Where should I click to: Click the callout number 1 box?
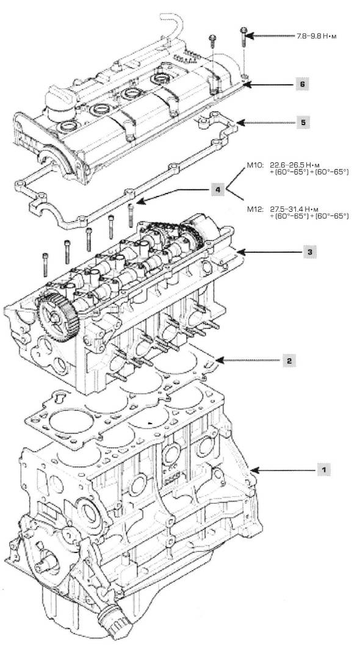pos(324,469)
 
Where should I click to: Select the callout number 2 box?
pos(289,361)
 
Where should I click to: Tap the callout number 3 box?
pos(310,251)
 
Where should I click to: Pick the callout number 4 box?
pos(218,190)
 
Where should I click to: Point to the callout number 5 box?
pos(303,123)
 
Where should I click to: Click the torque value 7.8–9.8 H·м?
pos(317,36)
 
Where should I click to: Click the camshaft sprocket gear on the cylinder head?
pos(58,316)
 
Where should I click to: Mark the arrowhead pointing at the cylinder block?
pos(255,469)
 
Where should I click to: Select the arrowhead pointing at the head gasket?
pos(220,361)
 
